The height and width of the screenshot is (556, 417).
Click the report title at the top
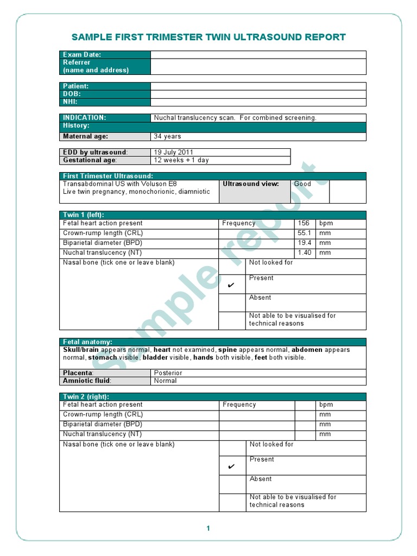(208, 37)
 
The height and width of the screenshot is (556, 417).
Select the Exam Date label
(82, 55)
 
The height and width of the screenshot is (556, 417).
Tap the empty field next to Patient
(258, 86)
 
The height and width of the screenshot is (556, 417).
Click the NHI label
(71, 102)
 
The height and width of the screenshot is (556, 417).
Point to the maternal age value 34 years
(168, 136)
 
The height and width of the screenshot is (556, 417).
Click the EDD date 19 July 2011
(174, 153)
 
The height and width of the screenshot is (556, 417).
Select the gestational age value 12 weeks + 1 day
(181, 160)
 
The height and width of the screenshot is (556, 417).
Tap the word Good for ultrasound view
(302, 184)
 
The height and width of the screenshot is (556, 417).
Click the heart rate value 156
(304, 223)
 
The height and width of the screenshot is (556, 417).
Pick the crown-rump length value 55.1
(304, 233)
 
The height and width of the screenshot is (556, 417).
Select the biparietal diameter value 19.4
(304, 243)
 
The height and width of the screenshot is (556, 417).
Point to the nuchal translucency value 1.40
(304, 252)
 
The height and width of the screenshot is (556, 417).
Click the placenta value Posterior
(168, 373)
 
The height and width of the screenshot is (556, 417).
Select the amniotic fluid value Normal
(166, 381)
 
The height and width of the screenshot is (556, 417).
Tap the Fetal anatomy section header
(88, 342)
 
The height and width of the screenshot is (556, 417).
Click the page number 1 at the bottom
(208, 528)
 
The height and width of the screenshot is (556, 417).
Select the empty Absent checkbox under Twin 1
(232, 302)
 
